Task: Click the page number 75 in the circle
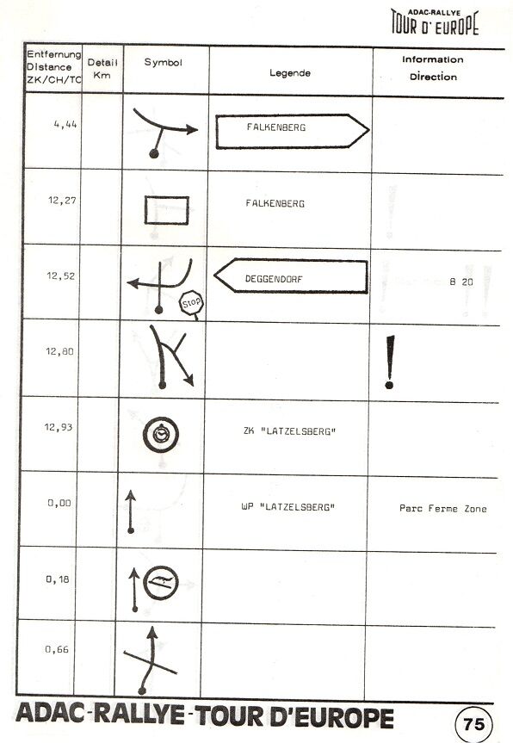473,723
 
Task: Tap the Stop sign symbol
191,303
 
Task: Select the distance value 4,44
65,125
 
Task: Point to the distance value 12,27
62,201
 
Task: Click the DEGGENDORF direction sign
291,276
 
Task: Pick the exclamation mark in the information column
390,362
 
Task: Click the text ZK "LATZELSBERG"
289,431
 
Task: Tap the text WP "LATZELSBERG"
288,507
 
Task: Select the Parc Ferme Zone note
443,509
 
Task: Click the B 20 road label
460,282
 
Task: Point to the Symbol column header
163,63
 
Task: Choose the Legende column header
290,73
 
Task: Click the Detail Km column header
102,68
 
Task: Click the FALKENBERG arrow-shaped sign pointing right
293,131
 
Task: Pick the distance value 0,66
57,649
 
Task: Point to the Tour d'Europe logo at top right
435,22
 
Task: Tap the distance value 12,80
59,351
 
